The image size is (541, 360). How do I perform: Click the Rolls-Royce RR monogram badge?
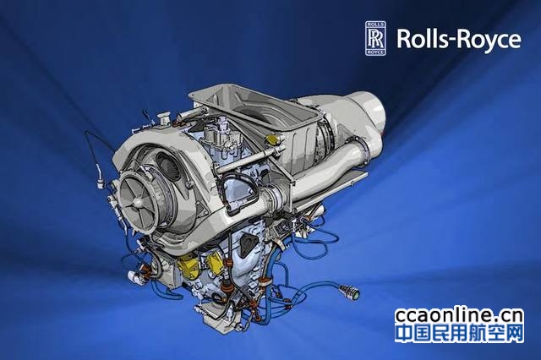point(375,38)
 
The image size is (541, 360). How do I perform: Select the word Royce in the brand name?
point(489,41)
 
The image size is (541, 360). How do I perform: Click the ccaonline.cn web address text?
point(459,315)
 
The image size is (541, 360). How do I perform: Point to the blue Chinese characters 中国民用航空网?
point(459,333)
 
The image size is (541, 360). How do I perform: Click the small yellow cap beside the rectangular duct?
point(272,140)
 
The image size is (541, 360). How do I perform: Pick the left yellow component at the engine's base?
point(187,267)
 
